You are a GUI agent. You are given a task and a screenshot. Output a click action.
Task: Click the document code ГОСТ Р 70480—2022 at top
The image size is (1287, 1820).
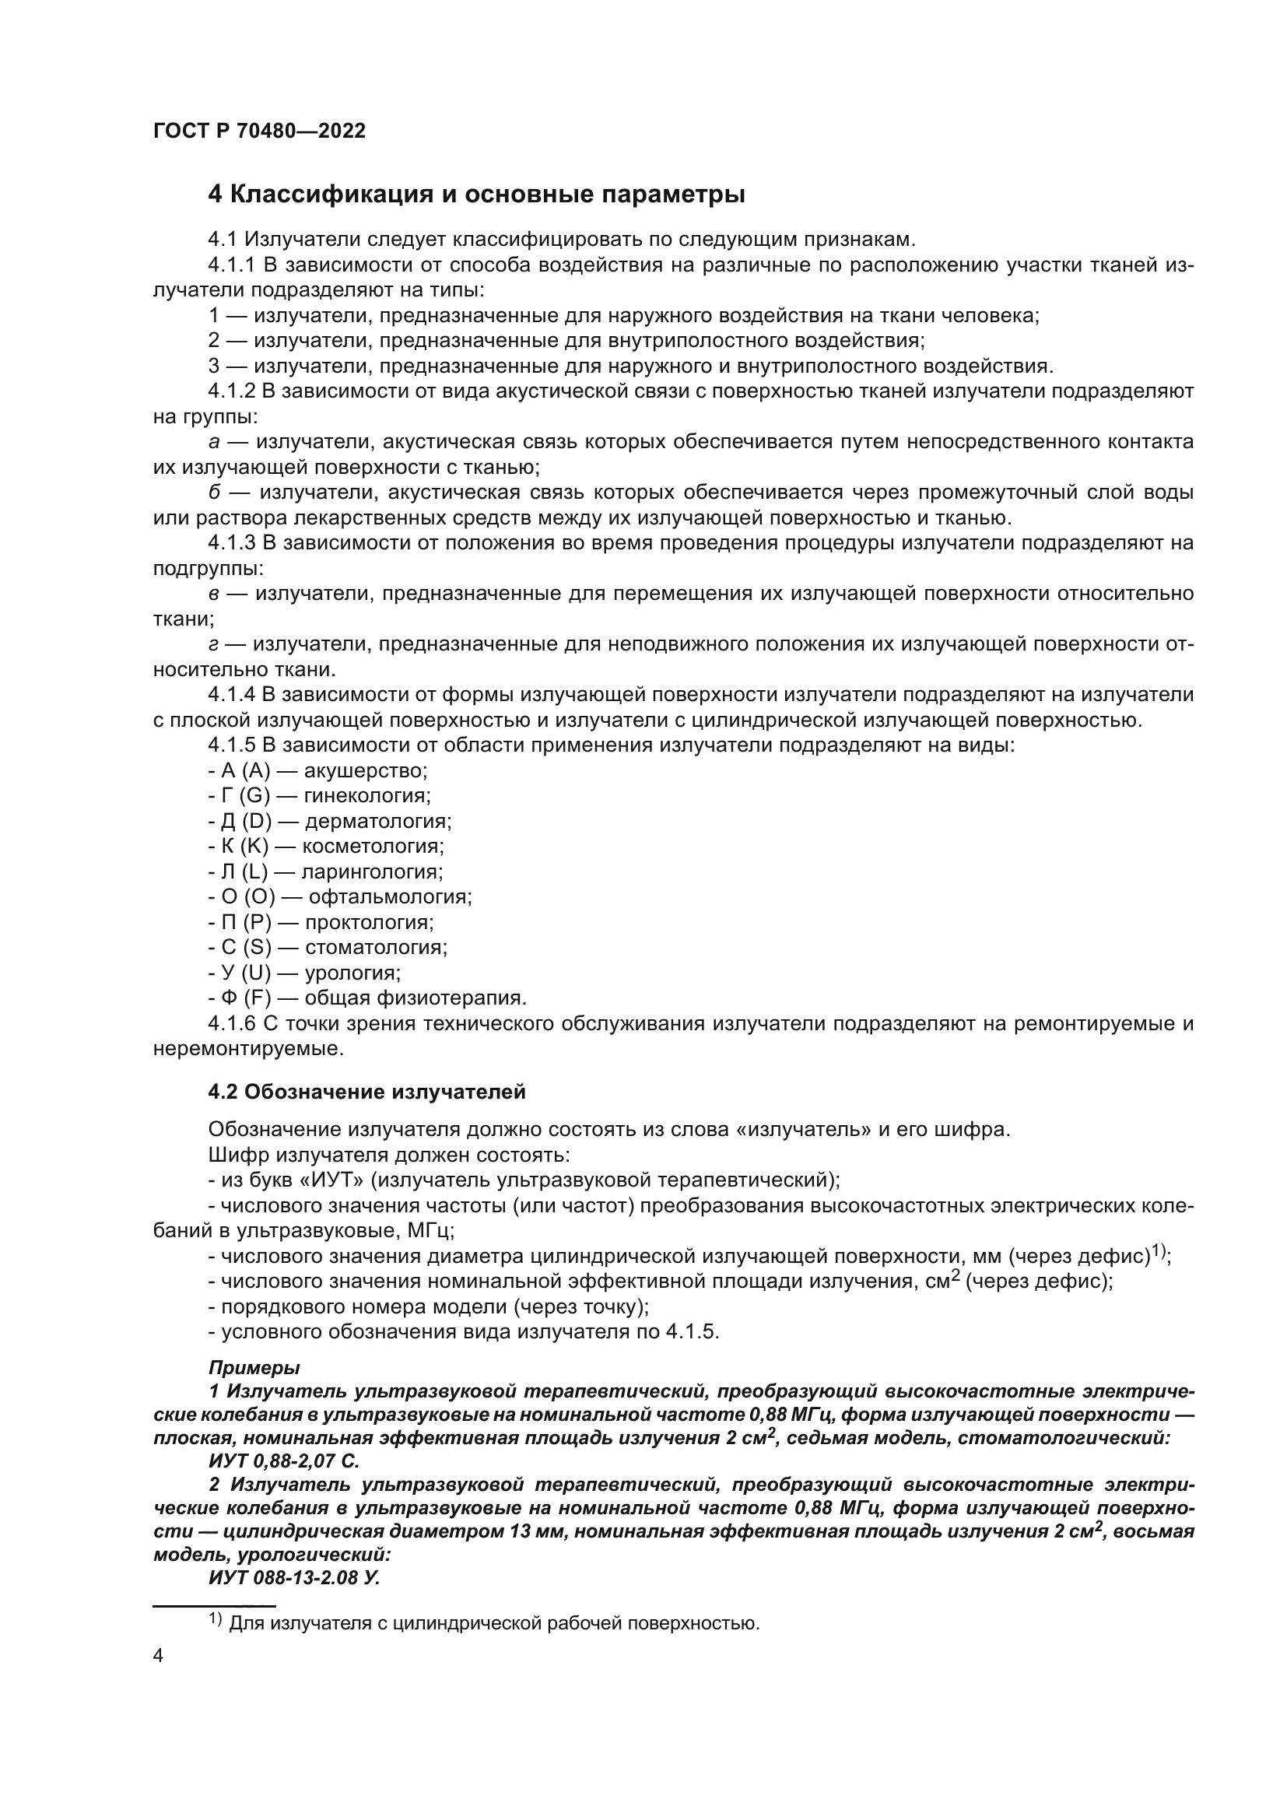(259, 132)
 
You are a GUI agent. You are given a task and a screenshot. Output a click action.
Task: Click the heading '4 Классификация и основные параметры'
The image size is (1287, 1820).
(476, 195)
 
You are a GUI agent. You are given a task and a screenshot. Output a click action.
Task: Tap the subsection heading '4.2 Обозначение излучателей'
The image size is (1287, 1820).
(367, 1092)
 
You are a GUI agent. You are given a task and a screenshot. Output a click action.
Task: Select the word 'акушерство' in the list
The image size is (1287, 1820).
(366, 770)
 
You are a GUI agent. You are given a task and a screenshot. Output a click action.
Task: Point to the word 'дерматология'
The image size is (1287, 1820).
(378, 821)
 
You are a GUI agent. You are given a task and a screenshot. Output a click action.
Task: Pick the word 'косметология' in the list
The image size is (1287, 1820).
(373, 847)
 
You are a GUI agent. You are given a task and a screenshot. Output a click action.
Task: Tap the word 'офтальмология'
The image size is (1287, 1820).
(390, 897)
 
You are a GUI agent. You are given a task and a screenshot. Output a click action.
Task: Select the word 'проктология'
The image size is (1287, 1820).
(370, 923)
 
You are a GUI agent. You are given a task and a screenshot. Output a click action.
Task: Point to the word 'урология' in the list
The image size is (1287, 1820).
(352, 973)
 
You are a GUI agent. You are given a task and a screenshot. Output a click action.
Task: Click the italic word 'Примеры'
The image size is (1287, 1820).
(254, 1367)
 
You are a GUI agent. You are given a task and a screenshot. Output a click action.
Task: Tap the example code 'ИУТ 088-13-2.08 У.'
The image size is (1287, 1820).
(294, 1577)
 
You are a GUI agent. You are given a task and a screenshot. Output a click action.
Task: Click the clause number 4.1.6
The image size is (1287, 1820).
(231, 1023)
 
